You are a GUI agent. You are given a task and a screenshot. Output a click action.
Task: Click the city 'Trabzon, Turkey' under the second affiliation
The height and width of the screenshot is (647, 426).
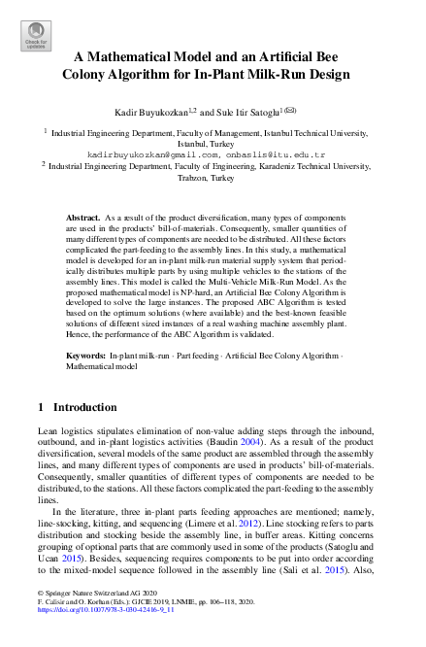point(212,179)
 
